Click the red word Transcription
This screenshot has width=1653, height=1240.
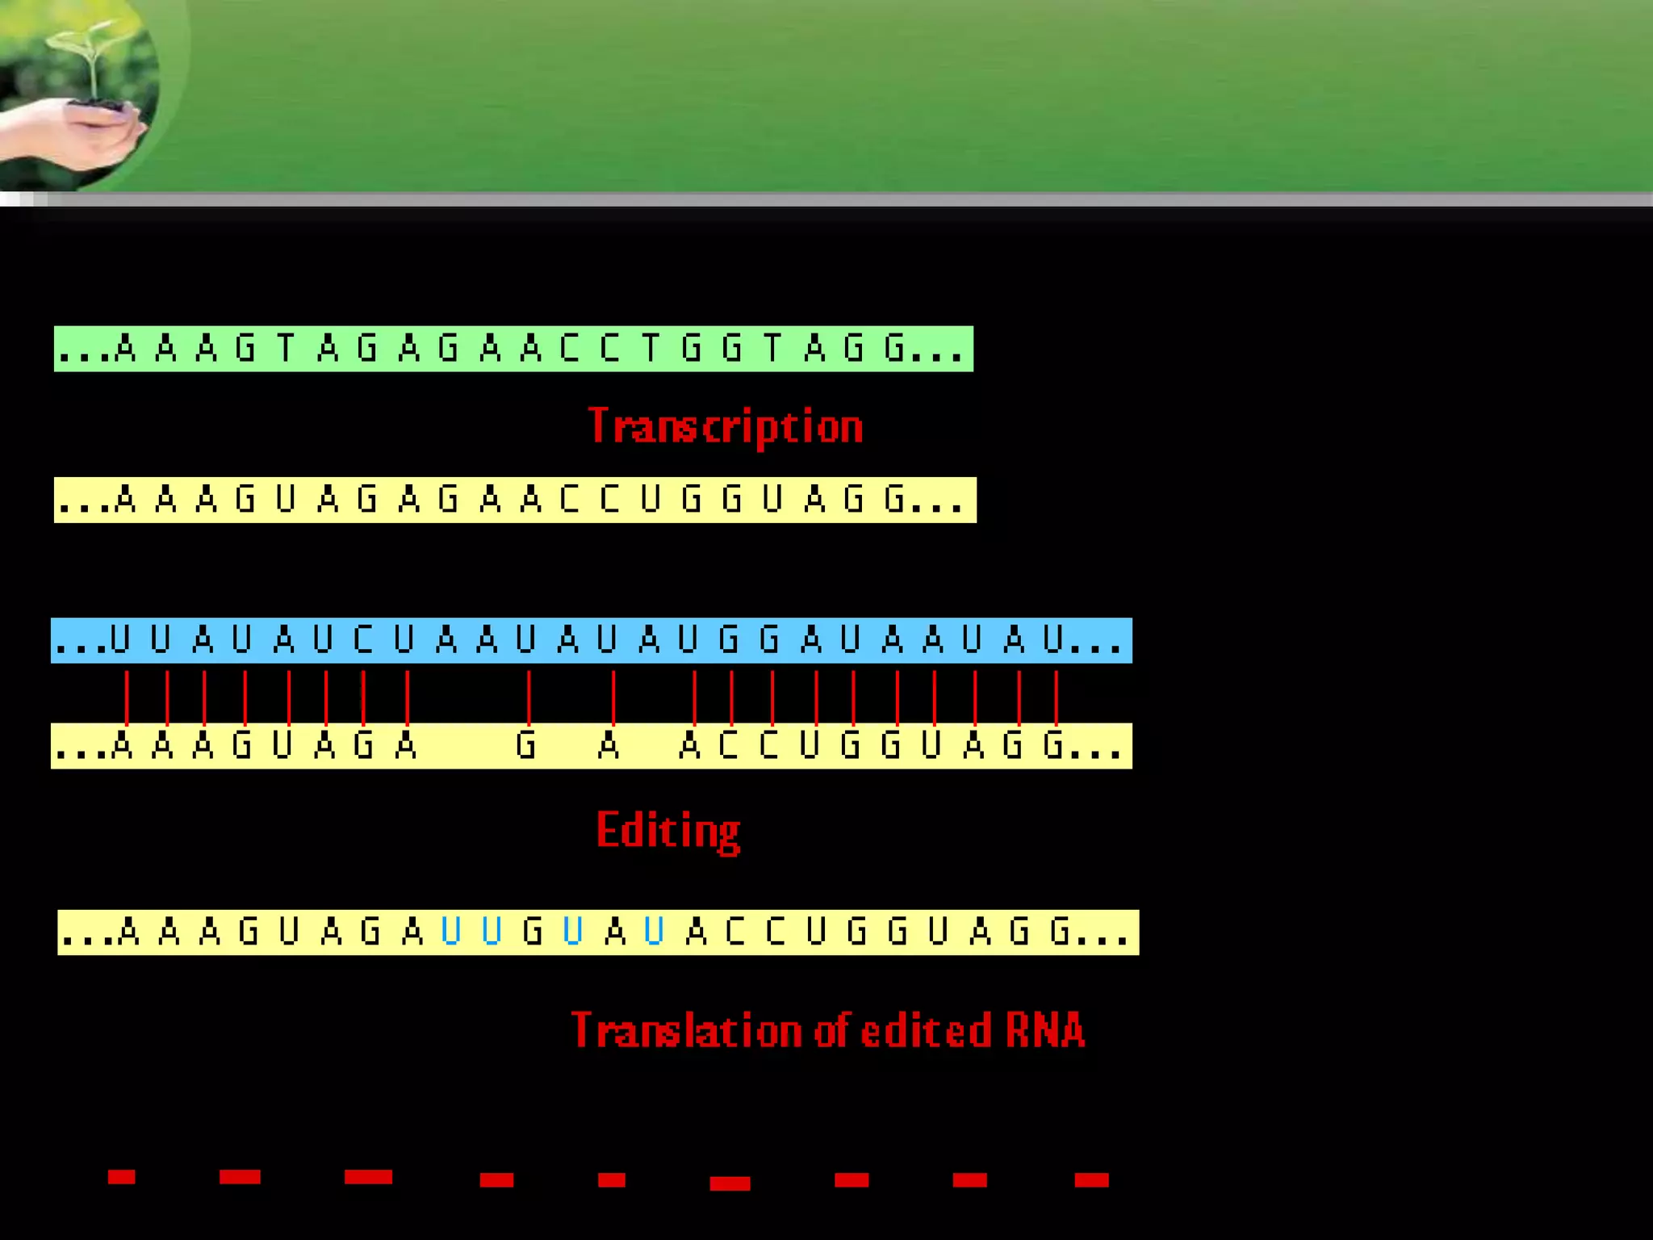pyautogui.click(x=726, y=426)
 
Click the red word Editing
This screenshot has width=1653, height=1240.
pyautogui.click(x=668, y=831)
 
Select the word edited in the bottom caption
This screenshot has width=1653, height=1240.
pyautogui.click(x=926, y=1031)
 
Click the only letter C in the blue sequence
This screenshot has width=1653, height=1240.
pyautogui.click(x=363, y=639)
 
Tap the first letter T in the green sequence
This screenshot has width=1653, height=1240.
pyautogui.click(x=285, y=349)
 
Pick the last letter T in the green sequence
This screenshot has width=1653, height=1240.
pyautogui.click(x=772, y=349)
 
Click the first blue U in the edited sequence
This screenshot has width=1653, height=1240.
pyautogui.click(x=450, y=932)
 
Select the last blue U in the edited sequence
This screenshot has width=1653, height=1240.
pyautogui.click(x=654, y=932)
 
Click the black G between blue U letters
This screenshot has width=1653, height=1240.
pyautogui.click(x=532, y=932)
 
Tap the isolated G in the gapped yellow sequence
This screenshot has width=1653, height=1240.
pyautogui.click(x=525, y=744)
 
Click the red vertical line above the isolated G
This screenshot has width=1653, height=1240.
pyautogui.click(x=529, y=696)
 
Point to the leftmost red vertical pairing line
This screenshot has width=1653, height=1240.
pyautogui.click(x=127, y=696)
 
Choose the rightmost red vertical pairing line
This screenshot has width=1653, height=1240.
pyautogui.click(x=1056, y=696)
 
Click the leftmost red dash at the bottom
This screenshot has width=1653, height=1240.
pyautogui.click(x=121, y=1177)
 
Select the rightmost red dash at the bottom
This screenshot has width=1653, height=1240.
pyautogui.click(x=1091, y=1180)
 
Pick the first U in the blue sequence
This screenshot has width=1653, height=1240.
pyautogui.click(x=119, y=639)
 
